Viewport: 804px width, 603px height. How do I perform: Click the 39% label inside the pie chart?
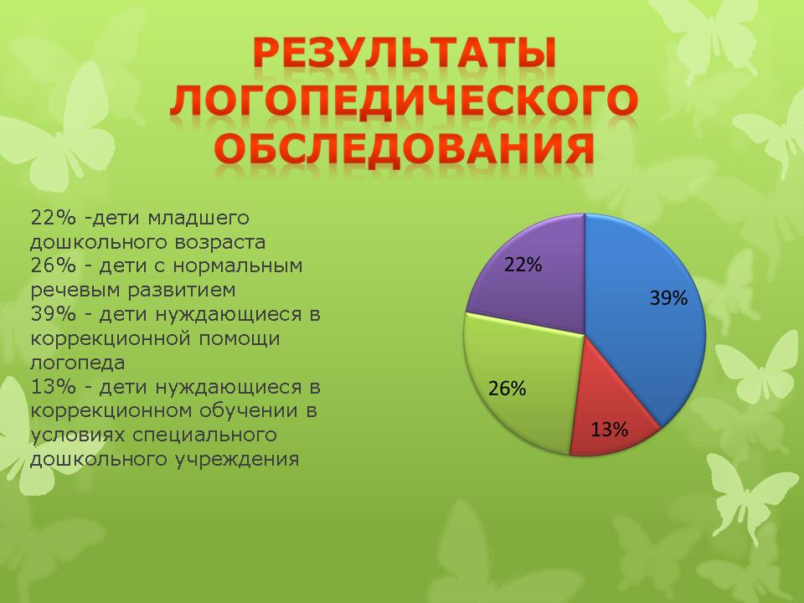point(668,298)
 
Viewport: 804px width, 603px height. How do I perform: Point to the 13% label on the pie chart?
point(610,429)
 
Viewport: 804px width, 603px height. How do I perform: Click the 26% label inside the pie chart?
point(508,389)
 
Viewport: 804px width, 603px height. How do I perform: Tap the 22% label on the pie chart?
point(523,265)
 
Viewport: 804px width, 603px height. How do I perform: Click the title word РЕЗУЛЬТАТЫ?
point(405,54)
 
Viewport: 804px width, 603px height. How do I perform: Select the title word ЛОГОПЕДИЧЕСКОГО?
point(404,99)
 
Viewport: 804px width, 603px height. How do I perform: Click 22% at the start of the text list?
point(54,218)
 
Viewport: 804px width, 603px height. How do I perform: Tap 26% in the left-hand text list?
point(54,266)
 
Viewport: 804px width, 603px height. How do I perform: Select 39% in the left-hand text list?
point(54,314)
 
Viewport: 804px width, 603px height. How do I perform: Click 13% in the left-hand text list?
point(54,387)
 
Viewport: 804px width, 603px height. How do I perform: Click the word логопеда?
point(77,363)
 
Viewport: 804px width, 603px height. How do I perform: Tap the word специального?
point(204,435)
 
